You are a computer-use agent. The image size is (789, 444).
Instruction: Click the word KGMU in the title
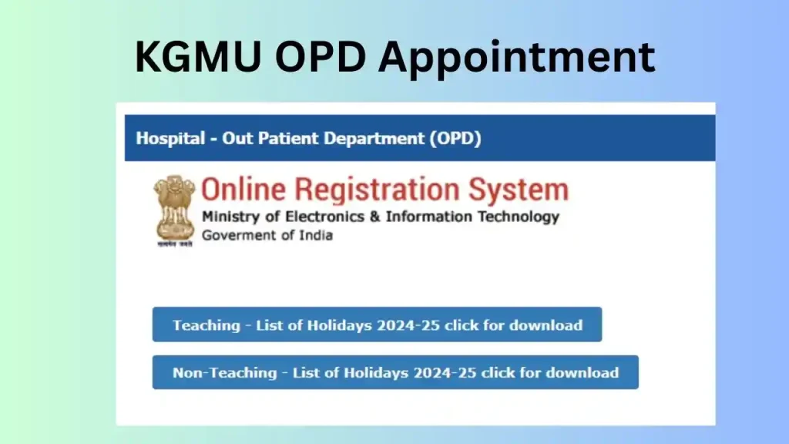(198, 56)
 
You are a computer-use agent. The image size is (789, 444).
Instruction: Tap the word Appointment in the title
(517, 58)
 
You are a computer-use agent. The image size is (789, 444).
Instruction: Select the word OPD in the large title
(320, 56)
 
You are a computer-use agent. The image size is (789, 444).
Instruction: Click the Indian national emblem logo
(174, 211)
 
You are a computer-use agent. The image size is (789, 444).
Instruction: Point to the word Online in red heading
(243, 190)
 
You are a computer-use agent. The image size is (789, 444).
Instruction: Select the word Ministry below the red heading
(231, 217)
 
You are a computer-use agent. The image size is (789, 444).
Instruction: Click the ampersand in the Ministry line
(375, 217)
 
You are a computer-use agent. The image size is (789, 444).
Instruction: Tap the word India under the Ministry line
(316, 235)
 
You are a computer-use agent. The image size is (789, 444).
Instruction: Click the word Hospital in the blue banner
(170, 139)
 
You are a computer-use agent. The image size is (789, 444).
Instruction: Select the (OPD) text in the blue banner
(455, 139)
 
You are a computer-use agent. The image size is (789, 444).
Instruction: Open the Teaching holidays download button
(377, 325)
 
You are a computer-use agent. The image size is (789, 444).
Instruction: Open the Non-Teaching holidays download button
(395, 372)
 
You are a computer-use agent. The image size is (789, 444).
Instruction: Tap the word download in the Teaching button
(546, 325)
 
